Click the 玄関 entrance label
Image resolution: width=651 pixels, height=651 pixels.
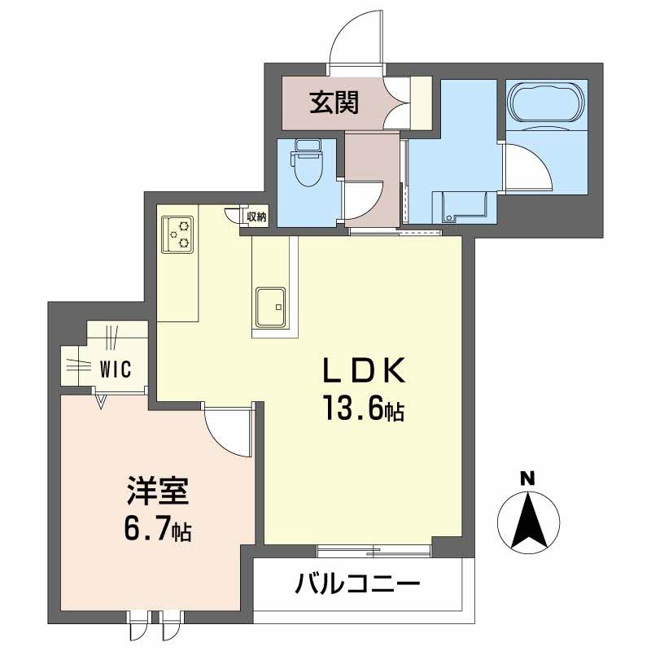333,103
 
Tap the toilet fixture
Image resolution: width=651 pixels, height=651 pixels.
308,164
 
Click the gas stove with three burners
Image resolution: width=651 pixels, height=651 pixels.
179,234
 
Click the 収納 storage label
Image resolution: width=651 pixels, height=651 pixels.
257,216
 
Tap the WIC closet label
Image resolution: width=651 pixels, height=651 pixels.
116,368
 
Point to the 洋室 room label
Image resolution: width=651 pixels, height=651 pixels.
158,493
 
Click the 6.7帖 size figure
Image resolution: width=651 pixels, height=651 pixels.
158,532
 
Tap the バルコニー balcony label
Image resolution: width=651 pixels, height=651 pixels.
358,584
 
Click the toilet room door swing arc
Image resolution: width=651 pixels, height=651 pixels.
363,200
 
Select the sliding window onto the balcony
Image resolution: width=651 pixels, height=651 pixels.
374,551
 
